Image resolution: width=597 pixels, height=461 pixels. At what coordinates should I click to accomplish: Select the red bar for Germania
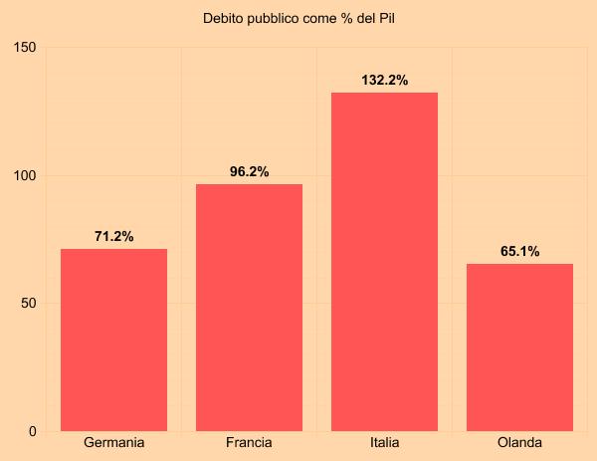coord(113,340)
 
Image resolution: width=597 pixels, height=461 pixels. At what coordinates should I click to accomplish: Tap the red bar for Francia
coord(249,308)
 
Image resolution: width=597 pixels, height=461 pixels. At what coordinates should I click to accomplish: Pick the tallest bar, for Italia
coord(384,262)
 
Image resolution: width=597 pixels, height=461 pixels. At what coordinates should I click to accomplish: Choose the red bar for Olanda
coord(519,347)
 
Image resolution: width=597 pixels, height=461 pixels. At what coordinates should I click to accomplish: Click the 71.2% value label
coord(113,236)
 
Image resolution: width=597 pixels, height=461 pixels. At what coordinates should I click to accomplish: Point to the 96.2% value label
coord(249,172)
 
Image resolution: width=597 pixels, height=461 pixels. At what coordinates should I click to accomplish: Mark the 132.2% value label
coord(384,81)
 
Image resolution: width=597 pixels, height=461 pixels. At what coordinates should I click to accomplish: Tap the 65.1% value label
coord(519,252)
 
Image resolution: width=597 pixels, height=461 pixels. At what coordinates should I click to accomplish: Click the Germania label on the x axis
coord(113,443)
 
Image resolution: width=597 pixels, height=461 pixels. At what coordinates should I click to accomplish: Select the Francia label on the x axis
coord(249,443)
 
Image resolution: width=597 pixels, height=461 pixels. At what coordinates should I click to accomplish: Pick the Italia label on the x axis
coord(384,443)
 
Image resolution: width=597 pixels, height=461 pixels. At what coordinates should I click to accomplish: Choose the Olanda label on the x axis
coord(519,443)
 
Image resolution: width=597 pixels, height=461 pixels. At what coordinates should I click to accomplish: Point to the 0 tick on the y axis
coord(32,431)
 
